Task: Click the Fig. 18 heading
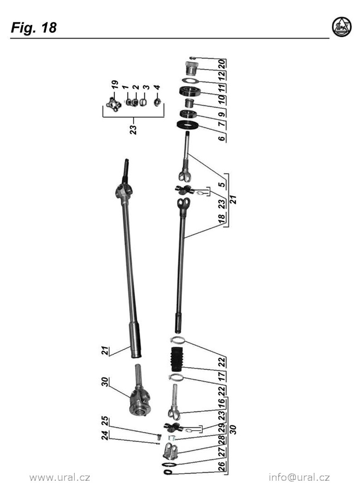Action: pos(33,28)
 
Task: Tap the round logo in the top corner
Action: pos(342,27)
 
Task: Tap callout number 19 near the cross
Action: pos(114,85)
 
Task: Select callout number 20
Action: pos(222,64)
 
